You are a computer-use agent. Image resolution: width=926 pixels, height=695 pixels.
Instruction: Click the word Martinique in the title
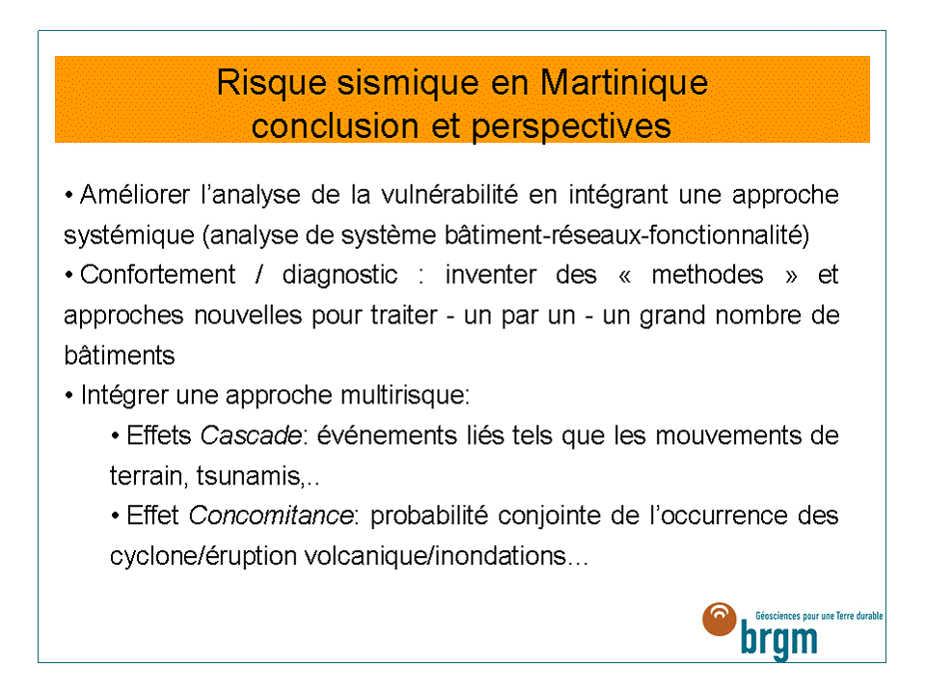click(x=624, y=83)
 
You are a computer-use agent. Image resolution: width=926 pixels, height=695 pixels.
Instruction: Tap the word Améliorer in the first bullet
click(x=135, y=194)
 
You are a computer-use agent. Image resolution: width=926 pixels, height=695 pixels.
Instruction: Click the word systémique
click(x=128, y=236)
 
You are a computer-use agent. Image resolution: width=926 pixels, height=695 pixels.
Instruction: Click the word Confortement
click(x=157, y=275)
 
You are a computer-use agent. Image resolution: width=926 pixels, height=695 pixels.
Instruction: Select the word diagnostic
click(x=340, y=275)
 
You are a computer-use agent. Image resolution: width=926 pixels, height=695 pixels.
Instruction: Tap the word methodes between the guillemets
click(x=707, y=275)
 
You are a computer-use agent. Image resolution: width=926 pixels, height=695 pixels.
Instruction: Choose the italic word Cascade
click(x=251, y=435)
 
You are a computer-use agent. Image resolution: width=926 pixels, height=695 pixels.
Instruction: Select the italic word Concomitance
click(x=271, y=515)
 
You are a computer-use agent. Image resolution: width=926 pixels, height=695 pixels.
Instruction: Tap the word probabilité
click(x=428, y=515)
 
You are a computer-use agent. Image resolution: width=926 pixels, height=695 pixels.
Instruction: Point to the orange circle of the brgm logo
click(x=720, y=619)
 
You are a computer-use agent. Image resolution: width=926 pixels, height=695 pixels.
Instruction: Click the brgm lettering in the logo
click(x=779, y=640)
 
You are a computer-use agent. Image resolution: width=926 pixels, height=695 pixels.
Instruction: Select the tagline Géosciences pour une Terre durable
click(x=819, y=616)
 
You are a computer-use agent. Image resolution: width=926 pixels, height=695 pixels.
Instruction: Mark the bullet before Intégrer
click(x=69, y=396)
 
